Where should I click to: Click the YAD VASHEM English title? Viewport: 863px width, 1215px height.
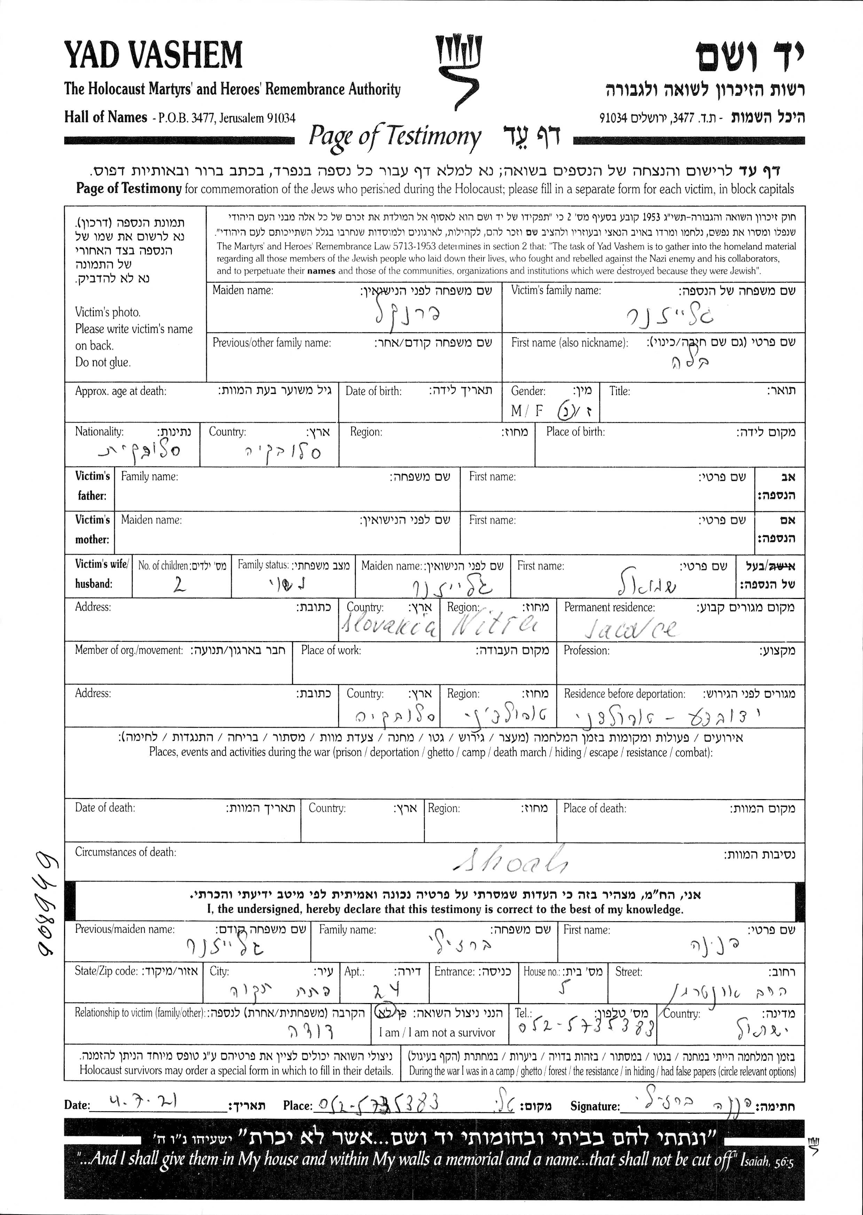153,55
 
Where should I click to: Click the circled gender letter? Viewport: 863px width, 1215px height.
564,411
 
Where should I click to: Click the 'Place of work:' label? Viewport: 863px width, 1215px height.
330,650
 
